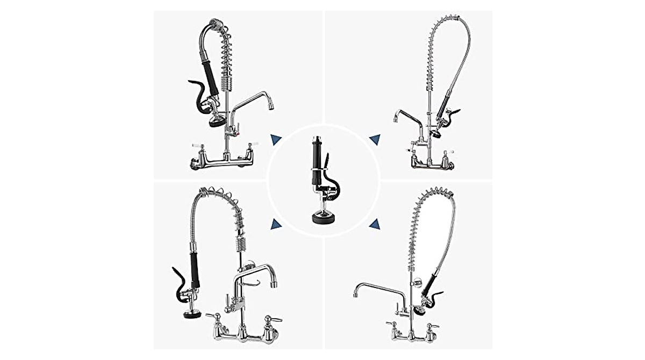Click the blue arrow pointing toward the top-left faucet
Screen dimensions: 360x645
(276, 140)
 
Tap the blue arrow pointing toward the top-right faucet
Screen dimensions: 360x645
(375, 140)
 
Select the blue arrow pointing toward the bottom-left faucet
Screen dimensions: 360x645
(276, 224)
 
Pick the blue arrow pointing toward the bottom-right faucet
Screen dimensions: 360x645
(375, 224)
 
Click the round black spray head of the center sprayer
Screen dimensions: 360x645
(323, 218)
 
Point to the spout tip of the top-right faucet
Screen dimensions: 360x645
(396, 119)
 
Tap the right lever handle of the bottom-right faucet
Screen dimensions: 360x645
(429, 327)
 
